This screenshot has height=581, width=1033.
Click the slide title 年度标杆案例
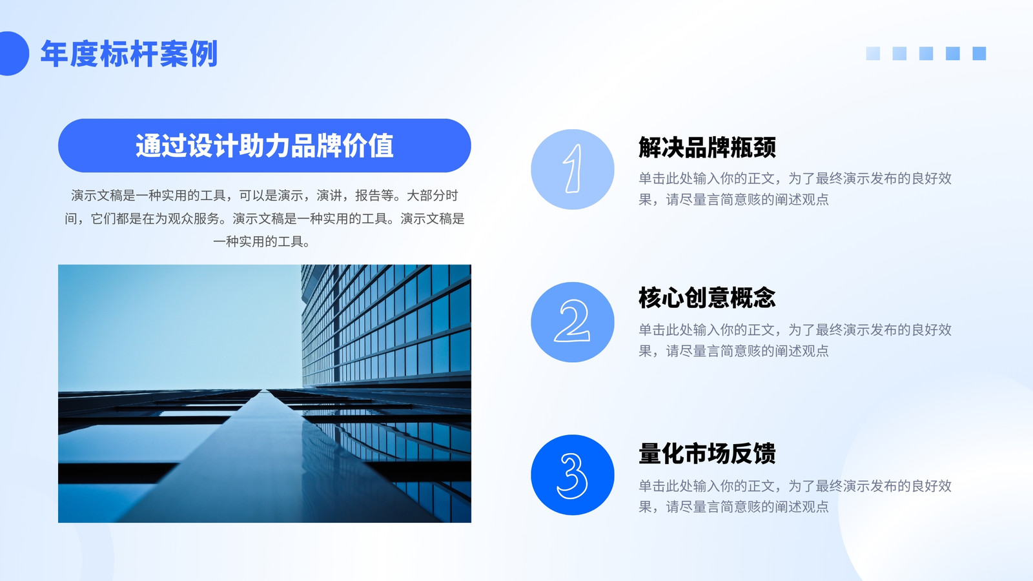click(x=128, y=54)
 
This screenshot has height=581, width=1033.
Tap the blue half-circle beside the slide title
click(x=13, y=54)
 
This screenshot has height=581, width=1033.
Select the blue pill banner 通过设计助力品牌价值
click(x=264, y=146)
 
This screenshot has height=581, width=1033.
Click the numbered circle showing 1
click(x=572, y=169)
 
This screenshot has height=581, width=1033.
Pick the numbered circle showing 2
click(x=572, y=322)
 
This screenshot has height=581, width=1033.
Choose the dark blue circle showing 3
click(x=572, y=475)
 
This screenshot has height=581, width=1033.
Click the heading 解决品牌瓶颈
click(x=707, y=148)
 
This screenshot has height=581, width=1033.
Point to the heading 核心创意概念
click(x=707, y=298)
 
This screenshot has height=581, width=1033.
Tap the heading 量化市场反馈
click(x=707, y=453)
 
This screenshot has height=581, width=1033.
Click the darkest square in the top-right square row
click(x=979, y=54)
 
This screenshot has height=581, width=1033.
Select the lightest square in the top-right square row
click(x=873, y=54)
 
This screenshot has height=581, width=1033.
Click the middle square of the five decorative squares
click(x=926, y=54)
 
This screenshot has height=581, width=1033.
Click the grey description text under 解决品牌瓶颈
click(x=795, y=189)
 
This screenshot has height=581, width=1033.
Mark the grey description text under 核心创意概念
click(x=795, y=340)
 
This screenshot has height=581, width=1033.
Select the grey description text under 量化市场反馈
click(x=795, y=496)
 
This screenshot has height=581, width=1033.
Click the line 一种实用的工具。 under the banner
click(x=261, y=241)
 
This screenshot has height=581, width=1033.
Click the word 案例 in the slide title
click(x=188, y=54)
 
